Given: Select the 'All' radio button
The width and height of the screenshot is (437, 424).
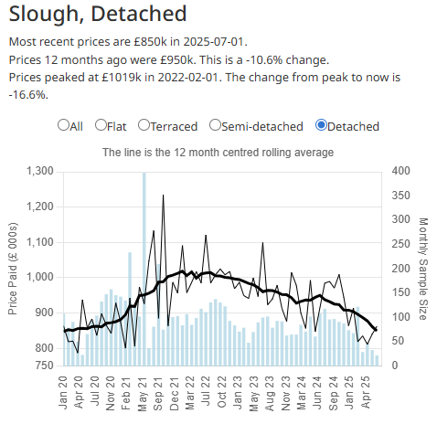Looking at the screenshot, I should click(x=64, y=125).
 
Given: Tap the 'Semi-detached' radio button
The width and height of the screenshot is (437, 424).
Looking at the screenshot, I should click(x=215, y=125).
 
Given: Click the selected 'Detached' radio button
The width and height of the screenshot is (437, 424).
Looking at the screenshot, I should click(x=321, y=125).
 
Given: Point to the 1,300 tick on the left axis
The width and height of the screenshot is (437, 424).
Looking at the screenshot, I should click(x=41, y=171).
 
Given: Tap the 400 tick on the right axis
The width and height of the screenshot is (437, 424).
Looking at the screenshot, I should click(x=400, y=171).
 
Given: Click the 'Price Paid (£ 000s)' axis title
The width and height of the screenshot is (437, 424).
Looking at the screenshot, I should click(x=13, y=267).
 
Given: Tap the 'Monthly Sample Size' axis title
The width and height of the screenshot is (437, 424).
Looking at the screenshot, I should click(x=423, y=269).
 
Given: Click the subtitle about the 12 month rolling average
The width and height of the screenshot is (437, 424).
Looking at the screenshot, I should click(x=218, y=152).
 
